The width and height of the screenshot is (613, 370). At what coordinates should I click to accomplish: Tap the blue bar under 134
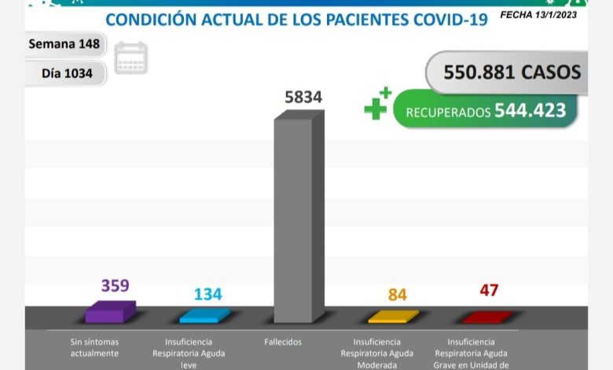(x=204, y=316)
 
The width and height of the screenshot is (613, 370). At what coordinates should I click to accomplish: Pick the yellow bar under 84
(x=393, y=316)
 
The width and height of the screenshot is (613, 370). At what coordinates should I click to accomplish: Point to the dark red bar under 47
(x=486, y=317)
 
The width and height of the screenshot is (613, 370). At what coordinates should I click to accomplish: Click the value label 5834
(x=303, y=98)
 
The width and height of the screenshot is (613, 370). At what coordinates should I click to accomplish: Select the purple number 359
(x=115, y=285)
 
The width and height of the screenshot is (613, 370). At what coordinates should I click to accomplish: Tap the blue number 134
(x=207, y=294)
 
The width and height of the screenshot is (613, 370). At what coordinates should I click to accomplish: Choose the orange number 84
(x=397, y=295)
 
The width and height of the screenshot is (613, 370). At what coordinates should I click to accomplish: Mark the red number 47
(x=489, y=290)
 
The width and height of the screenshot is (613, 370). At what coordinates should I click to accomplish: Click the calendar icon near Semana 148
(x=130, y=58)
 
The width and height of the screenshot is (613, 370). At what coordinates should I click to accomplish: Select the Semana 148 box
(x=64, y=44)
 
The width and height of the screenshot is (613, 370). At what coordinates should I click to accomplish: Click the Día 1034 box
(x=67, y=73)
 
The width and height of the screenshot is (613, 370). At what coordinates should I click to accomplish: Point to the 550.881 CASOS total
(x=512, y=72)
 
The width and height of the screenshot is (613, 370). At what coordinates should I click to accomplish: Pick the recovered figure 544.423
(x=530, y=111)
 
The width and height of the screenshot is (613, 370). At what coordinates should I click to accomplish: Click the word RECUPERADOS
(x=448, y=113)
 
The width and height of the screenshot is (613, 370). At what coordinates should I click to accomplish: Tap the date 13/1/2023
(x=561, y=13)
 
